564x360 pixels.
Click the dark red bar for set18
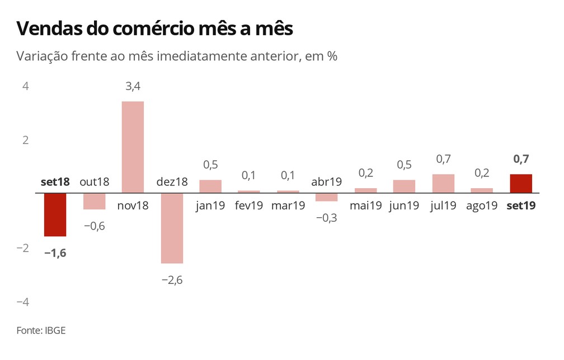(x=55, y=214)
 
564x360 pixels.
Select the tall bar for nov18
(x=133, y=147)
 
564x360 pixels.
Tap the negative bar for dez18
(x=172, y=228)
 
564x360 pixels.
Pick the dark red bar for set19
(x=521, y=184)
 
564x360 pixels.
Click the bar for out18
(x=94, y=201)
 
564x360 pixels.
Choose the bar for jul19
(x=443, y=184)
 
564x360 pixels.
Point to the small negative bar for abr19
(x=327, y=197)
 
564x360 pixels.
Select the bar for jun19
(x=404, y=186)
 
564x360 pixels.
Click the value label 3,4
(x=133, y=87)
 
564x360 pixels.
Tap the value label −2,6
(x=171, y=280)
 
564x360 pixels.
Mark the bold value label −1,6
(x=55, y=253)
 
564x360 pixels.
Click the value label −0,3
(x=327, y=218)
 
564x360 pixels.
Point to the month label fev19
(x=248, y=206)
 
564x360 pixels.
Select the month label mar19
(x=288, y=206)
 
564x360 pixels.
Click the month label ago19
(x=481, y=206)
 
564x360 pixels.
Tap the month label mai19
(x=365, y=206)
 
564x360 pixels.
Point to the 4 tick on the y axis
(x=26, y=86)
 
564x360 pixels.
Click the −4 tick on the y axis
(x=22, y=302)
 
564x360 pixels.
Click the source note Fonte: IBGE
(x=41, y=330)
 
